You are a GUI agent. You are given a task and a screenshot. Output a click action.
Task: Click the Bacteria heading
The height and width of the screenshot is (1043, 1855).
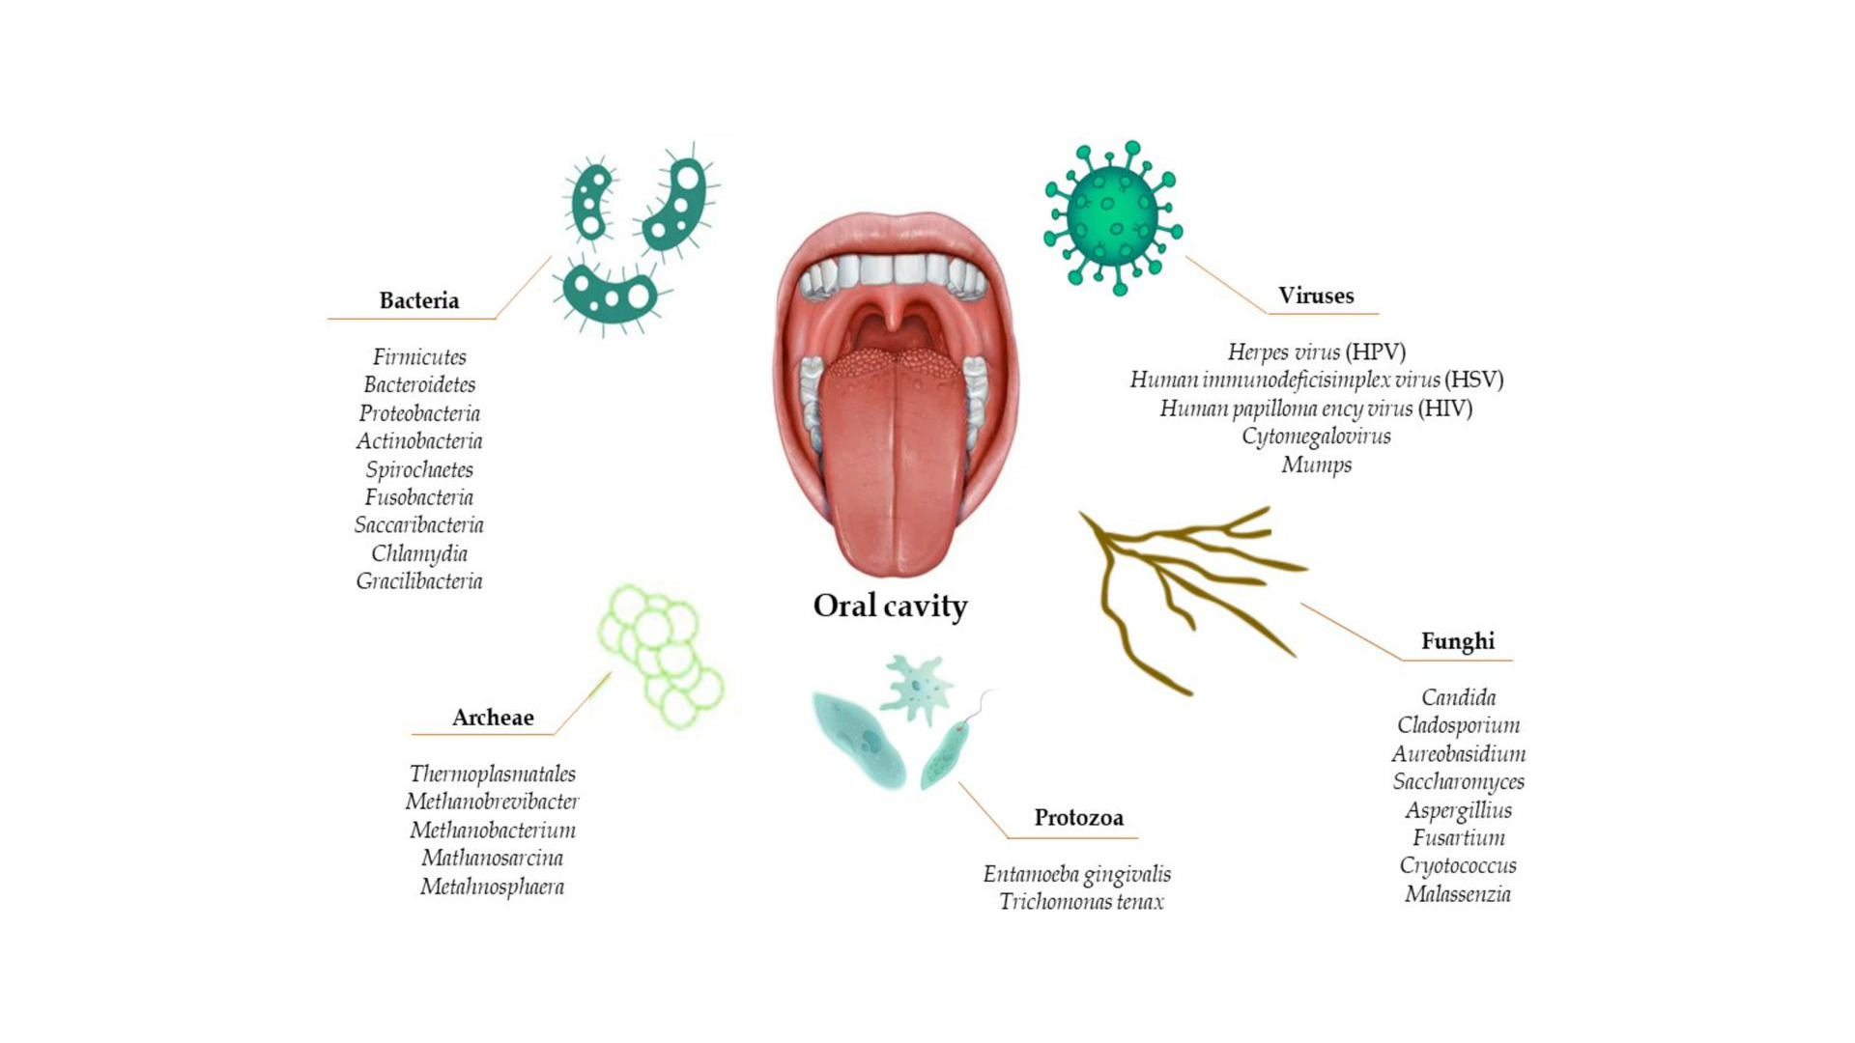point(418,300)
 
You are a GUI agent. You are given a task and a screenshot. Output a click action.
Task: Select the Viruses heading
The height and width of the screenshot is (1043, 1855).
point(1316,296)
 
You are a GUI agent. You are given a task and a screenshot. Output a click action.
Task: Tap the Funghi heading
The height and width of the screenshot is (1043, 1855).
point(1457,641)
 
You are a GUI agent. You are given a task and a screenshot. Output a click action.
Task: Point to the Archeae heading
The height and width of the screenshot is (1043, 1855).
point(493,718)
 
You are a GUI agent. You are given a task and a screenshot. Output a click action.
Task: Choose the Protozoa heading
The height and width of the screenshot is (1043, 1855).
point(1078,818)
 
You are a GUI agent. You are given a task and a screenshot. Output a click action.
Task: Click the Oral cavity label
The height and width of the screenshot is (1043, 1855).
point(890,606)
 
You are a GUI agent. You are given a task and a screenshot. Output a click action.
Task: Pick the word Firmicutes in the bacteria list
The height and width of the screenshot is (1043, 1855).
point(419,357)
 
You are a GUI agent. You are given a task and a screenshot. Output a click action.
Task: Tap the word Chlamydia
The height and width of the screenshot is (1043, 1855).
point(419,554)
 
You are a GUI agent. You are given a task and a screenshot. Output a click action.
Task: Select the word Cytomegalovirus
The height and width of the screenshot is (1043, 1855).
point(1316,437)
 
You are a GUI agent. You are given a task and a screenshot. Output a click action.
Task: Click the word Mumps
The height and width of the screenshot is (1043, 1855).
point(1316,465)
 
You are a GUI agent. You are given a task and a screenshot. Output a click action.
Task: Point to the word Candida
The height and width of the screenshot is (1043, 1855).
point(1458,697)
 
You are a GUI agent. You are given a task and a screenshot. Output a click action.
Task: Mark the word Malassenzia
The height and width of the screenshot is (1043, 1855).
point(1458,894)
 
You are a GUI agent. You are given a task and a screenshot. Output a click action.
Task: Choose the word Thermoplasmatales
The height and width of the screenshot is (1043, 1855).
point(493,774)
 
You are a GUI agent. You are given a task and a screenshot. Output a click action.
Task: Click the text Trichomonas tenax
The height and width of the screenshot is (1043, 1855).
point(1081,902)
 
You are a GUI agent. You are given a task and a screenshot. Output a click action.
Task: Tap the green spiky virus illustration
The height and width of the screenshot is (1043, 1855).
point(1113,217)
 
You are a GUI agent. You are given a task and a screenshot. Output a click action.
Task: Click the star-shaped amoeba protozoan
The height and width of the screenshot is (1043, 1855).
point(916,688)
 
